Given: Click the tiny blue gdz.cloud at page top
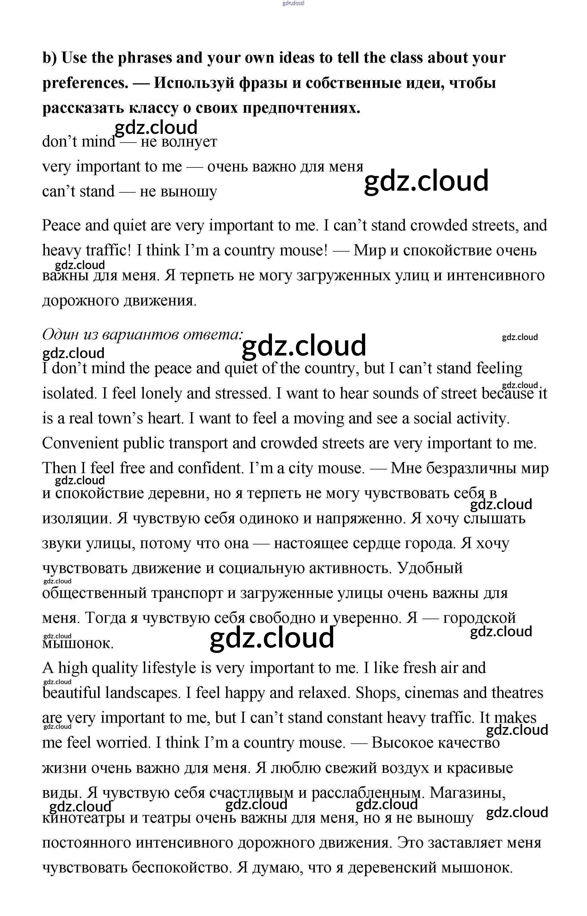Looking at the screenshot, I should pyautogui.click(x=293, y=3).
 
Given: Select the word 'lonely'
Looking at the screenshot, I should pyautogui.click(x=161, y=393).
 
